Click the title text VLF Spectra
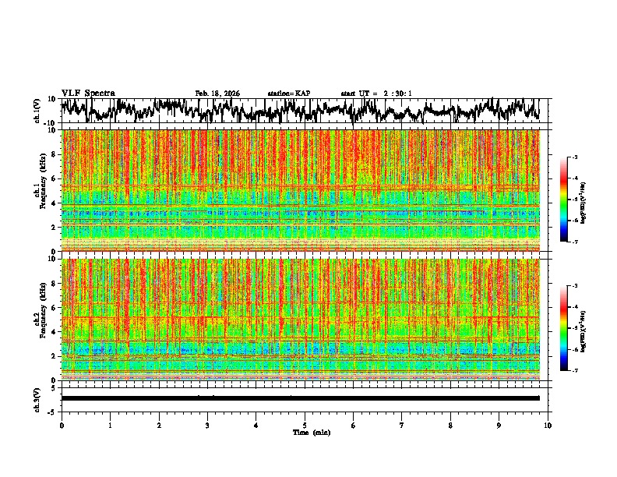(88, 93)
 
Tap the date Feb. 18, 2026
(217, 94)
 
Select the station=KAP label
(288, 94)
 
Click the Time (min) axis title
(305, 432)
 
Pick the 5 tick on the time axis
(305, 425)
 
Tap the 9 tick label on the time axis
(499, 425)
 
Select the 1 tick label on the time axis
(110, 425)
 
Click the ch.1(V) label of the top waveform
(37, 111)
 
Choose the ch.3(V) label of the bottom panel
(37, 398)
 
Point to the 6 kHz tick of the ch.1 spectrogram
(53, 178)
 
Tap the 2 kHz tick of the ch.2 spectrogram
(53, 355)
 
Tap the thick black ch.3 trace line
(300, 398)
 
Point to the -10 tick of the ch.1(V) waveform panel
(50, 123)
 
